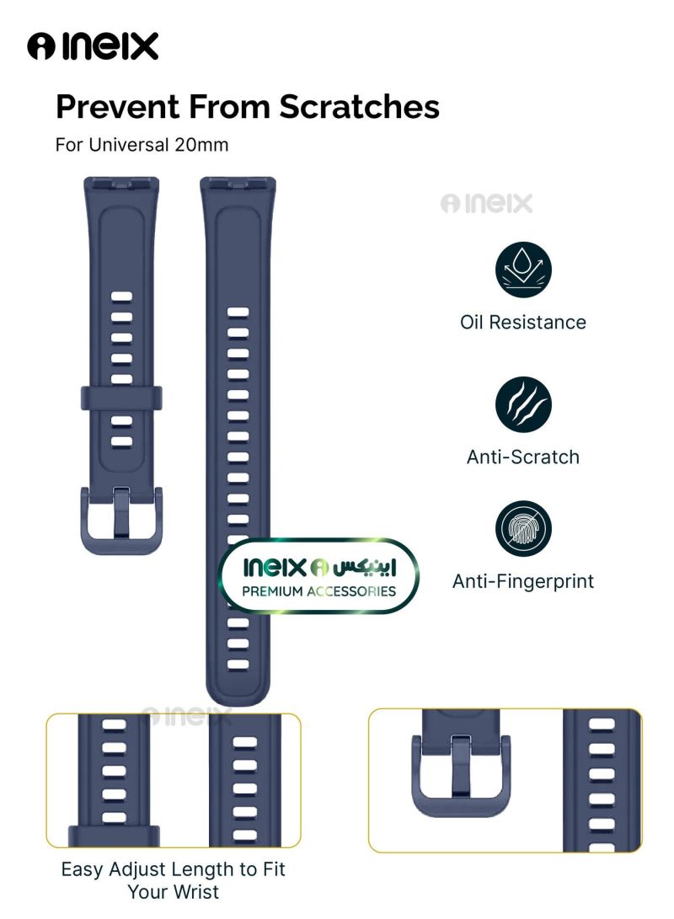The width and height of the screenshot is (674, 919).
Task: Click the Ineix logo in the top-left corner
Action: point(93,47)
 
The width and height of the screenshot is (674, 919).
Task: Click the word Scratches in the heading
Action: point(360,108)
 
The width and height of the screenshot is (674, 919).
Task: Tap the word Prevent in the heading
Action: point(117,108)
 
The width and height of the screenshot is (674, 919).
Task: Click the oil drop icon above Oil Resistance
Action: point(522,270)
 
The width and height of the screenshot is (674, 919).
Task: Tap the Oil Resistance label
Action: point(522,322)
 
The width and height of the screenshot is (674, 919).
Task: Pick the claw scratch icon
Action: point(522,404)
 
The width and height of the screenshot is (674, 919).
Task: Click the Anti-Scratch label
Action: point(522,457)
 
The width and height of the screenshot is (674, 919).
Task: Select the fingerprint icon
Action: point(522,528)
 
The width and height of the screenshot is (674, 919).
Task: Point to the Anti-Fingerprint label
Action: point(522,581)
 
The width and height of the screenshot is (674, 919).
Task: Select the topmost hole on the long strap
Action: point(238,312)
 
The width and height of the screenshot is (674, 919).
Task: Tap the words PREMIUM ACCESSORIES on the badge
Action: point(318,591)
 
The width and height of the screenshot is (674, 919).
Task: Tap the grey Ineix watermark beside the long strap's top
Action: point(486,204)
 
